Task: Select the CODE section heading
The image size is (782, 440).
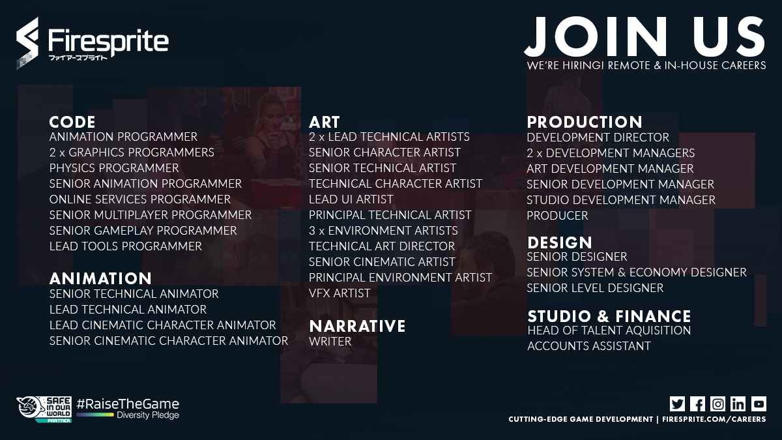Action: (72, 122)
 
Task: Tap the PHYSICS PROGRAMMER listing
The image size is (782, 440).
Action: (114, 168)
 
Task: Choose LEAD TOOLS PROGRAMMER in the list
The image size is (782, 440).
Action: (126, 246)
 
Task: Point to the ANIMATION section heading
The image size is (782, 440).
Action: (100, 279)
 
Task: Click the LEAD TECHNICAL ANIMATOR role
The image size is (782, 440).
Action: (128, 310)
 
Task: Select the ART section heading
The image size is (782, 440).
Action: (324, 122)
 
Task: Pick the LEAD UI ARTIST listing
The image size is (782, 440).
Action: (351, 199)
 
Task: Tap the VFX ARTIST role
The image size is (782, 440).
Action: (340, 293)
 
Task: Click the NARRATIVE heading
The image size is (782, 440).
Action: (357, 326)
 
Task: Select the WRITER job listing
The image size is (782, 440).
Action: (330, 342)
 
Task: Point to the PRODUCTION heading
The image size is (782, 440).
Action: (585, 122)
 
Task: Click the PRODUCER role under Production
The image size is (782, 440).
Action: (557, 216)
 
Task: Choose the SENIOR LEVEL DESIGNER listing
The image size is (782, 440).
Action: (595, 288)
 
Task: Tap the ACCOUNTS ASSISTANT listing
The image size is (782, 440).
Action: (589, 346)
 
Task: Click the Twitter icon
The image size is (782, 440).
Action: (677, 403)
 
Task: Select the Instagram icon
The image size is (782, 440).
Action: (717, 403)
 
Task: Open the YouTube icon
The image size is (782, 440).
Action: (758, 403)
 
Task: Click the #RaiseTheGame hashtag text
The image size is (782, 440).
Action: (128, 403)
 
